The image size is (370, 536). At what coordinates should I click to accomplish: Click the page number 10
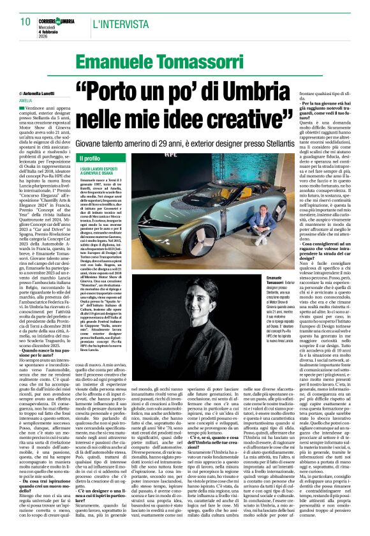[x=26, y=21]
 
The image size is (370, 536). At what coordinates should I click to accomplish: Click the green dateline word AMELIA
[x=26, y=101]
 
